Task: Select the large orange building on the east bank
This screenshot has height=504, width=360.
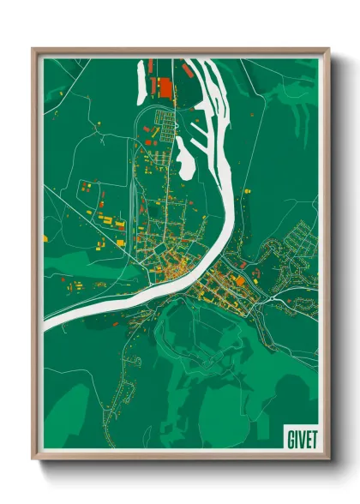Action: point(241,280)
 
